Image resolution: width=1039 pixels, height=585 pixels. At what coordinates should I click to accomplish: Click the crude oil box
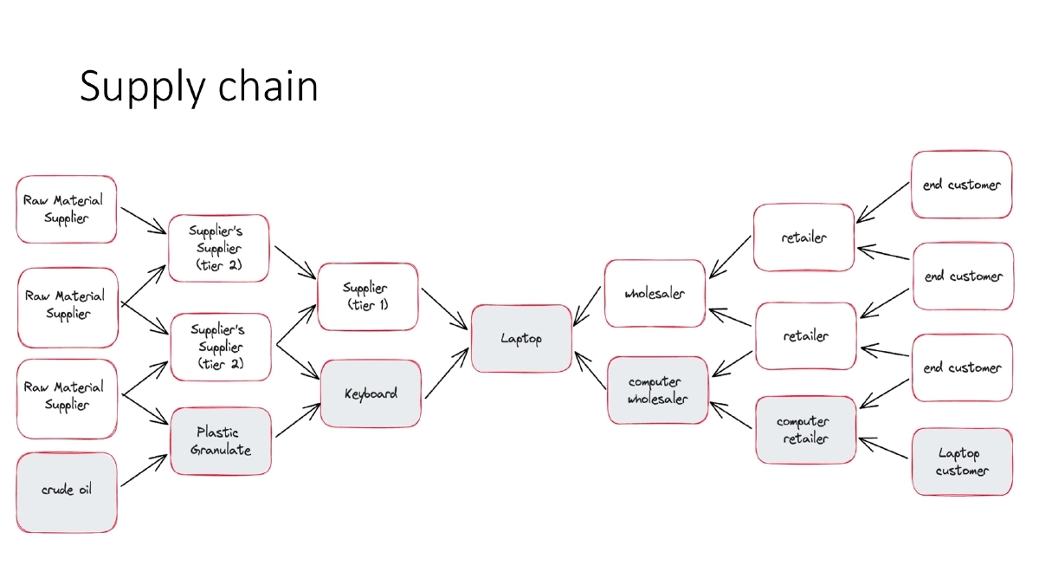pyautogui.click(x=66, y=491)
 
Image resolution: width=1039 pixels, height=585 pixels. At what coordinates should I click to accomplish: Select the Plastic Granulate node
pyautogui.click(x=220, y=441)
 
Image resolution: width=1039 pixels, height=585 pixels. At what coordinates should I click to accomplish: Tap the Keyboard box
pyautogui.click(x=371, y=393)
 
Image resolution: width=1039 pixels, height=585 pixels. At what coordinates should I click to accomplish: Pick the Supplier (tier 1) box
pyautogui.click(x=367, y=297)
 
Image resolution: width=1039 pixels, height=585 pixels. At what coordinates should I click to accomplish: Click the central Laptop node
pyautogui.click(x=521, y=339)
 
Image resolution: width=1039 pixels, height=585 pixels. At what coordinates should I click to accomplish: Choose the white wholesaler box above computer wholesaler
pyautogui.click(x=655, y=294)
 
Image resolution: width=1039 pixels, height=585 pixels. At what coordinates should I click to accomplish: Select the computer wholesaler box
pyautogui.click(x=657, y=390)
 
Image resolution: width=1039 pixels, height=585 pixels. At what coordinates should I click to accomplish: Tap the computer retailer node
pyautogui.click(x=804, y=430)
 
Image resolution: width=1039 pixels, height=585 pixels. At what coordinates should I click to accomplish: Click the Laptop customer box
pyautogui.click(x=961, y=462)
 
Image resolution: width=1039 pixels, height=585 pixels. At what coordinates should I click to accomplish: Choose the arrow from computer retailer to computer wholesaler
pyautogui.click(x=732, y=414)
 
